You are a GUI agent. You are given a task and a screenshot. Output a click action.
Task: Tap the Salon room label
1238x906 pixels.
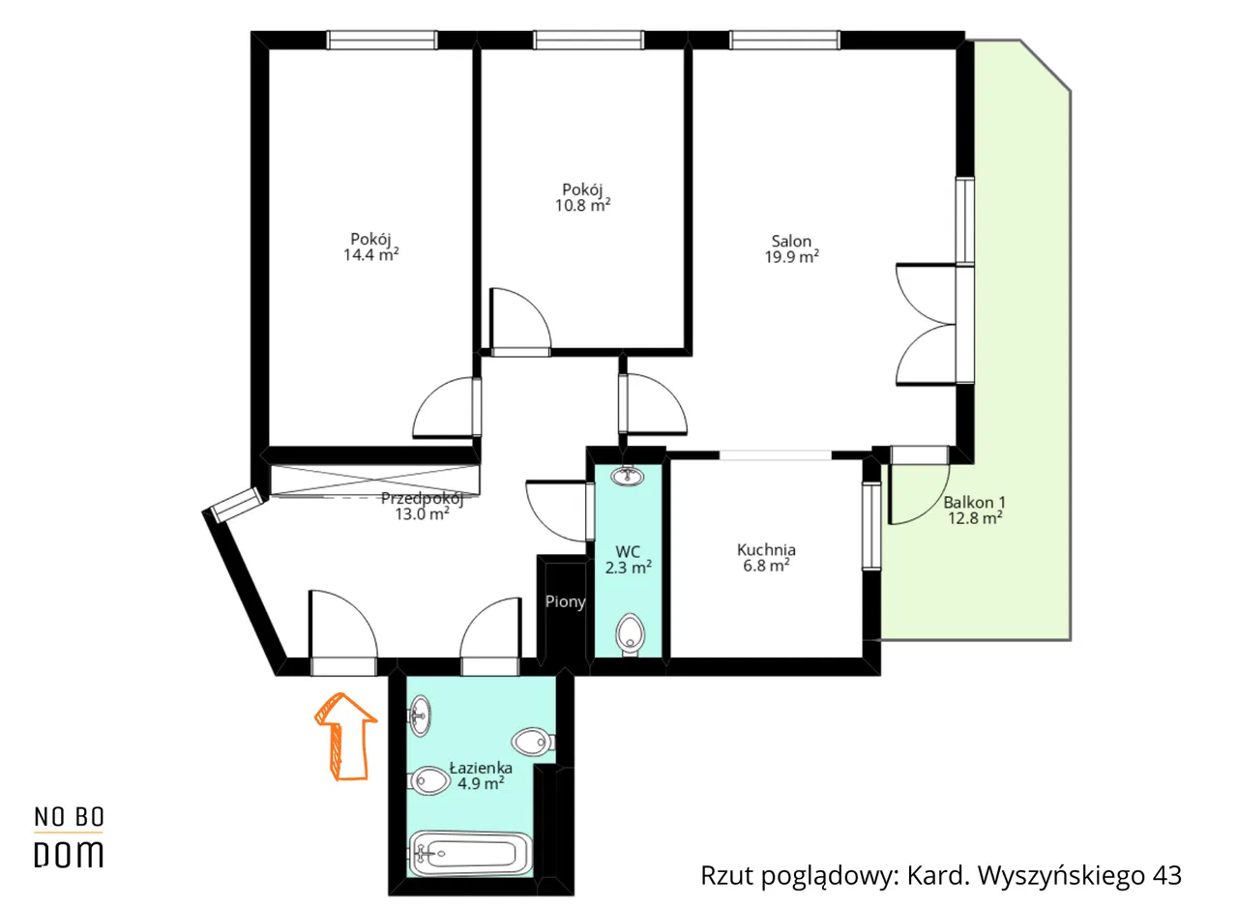791,242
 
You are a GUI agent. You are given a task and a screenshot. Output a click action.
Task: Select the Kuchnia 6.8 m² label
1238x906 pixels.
766,557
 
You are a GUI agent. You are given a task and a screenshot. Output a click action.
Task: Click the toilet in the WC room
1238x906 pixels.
630,634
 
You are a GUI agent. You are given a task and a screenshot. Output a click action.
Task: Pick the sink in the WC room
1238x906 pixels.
628,475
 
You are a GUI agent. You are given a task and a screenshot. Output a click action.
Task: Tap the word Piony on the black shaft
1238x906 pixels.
565,601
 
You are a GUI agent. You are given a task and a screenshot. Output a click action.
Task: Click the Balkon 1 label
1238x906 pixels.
974,502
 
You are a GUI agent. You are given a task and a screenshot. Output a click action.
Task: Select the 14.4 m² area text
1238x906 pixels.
370,254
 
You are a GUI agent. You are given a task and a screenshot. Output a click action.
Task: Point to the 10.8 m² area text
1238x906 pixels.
582,206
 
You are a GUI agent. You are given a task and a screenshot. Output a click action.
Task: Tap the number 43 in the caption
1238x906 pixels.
1166,875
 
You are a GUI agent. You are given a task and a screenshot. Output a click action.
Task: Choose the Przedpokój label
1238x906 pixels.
423,498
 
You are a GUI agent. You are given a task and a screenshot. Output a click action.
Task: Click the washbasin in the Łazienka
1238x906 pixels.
420,716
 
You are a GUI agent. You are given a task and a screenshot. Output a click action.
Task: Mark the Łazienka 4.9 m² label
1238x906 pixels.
481,775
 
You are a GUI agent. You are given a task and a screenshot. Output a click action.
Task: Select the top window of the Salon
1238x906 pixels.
784,40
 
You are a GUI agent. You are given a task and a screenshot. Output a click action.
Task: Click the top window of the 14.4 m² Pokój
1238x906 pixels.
381,40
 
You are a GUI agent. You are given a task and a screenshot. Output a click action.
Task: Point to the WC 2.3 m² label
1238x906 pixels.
629,559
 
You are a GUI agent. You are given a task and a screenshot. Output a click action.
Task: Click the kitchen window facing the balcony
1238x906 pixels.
871,526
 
